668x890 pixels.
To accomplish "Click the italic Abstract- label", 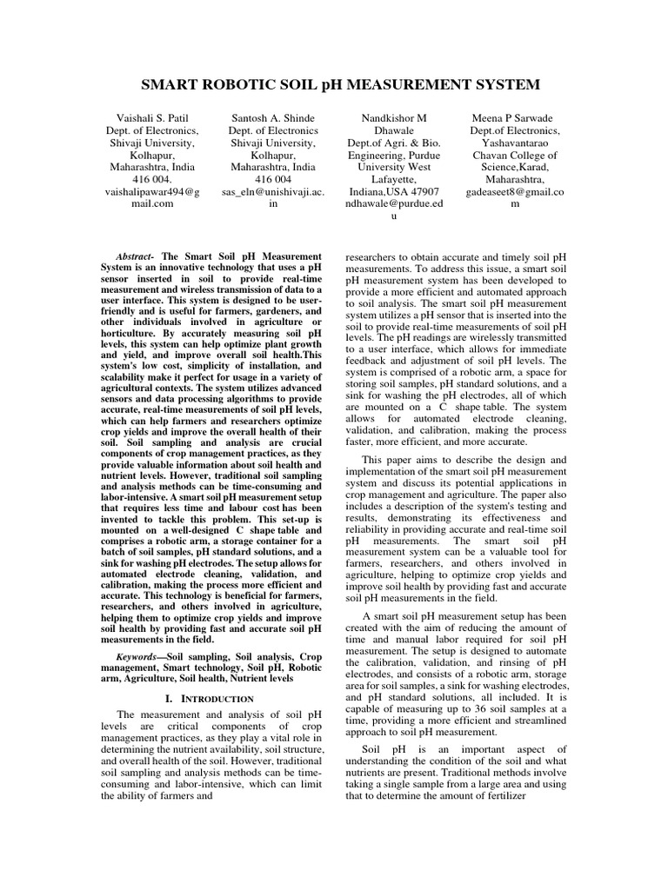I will [134, 258].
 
